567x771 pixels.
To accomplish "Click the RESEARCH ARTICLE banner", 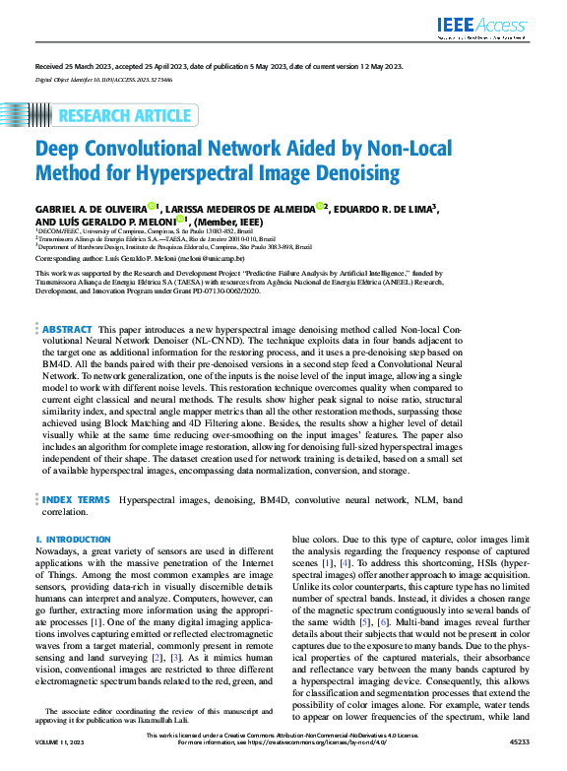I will [x=125, y=116].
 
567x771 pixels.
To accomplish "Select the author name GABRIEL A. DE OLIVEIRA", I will [x=91, y=209].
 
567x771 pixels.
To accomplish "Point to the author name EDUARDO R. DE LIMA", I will [x=385, y=209].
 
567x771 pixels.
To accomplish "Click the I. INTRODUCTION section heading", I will [x=72, y=541].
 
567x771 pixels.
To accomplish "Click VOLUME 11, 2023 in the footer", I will [x=61, y=763].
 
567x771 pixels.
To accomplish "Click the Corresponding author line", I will [x=143, y=256].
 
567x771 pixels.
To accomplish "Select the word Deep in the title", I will [x=60, y=150].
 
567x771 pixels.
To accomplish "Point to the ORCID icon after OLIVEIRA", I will [x=152, y=207].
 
